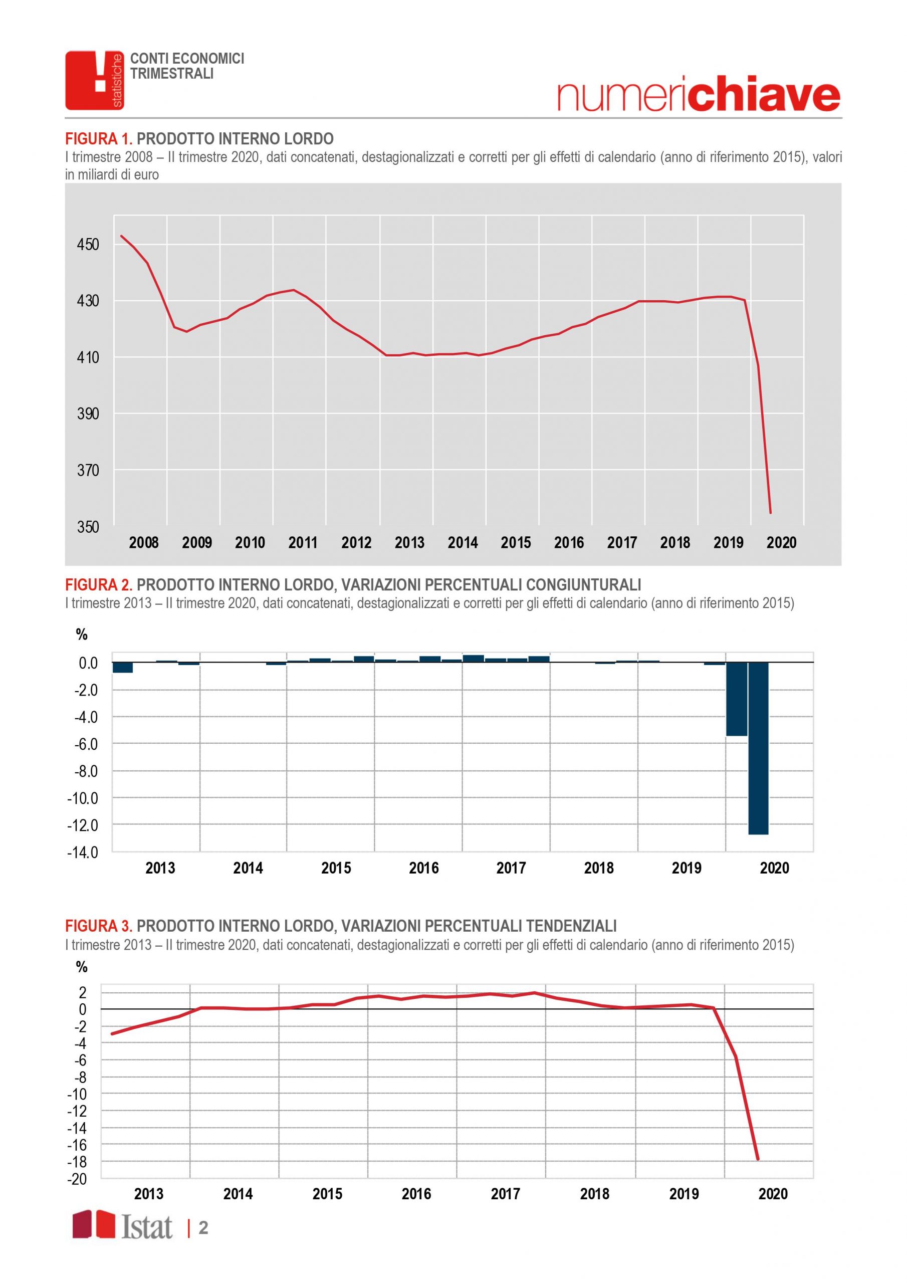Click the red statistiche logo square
(x=94, y=80)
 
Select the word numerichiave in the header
(x=698, y=96)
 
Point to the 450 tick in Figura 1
(x=88, y=245)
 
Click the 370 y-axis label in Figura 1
(x=88, y=471)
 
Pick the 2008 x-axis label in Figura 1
(x=144, y=543)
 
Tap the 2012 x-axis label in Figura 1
(x=357, y=543)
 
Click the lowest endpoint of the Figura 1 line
(x=771, y=512)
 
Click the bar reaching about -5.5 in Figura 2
(x=737, y=699)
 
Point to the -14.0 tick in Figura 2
(x=82, y=852)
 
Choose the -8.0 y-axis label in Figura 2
(x=84, y=771)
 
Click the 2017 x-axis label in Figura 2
(x=511, y=868)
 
